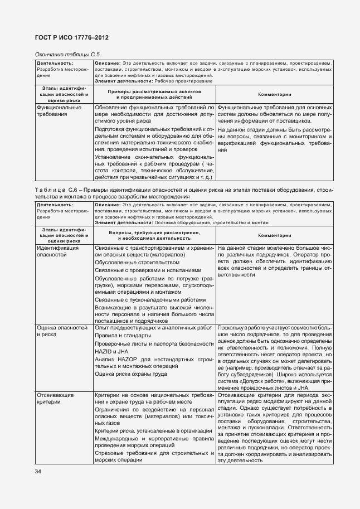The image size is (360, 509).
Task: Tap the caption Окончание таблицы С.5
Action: [x=64, y=54]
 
